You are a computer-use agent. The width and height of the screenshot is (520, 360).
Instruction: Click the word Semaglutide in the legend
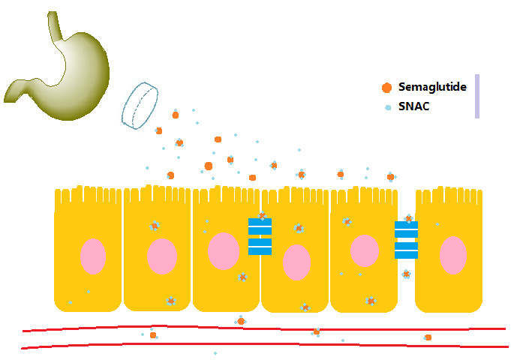point(432,87)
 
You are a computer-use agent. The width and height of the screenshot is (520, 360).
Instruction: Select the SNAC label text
point(413,107)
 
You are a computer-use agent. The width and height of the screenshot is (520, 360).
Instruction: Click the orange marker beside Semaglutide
point(386,87)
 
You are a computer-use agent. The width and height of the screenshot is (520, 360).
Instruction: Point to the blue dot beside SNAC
point(387,107)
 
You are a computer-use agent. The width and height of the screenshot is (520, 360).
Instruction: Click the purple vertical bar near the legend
point(476,96)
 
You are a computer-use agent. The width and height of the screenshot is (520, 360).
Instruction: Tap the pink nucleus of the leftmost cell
point(93,256)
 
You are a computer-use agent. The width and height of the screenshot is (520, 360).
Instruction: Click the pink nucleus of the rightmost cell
point(452,256)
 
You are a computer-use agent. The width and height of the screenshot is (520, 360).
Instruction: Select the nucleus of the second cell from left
point(161,256)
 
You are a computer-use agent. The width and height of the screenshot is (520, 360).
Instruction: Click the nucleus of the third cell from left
point(223,250)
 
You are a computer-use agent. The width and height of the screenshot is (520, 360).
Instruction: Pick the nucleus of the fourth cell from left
point(296,262)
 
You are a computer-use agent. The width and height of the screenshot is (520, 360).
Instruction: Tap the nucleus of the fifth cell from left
point(364,250)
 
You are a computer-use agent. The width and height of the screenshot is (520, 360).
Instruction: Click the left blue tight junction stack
point(260,236)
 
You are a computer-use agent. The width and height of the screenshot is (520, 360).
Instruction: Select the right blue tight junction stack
point(406,240)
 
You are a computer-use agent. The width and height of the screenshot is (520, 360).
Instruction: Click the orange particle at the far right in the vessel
point(428,337)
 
